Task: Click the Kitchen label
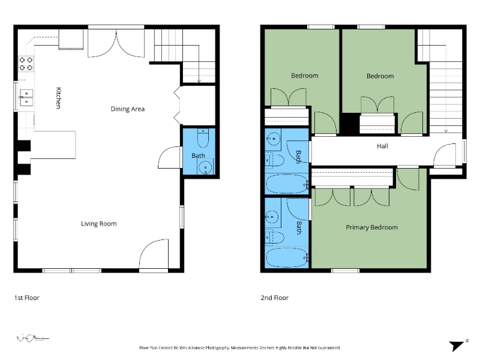pos(58,97)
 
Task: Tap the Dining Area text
pos(127,109)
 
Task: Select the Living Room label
pos(99,224)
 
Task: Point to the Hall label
pos(382,146)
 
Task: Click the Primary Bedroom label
pos(371,227)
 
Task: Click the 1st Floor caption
pos(26,298)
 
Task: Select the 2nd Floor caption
pos(275,298)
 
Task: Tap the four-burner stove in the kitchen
pos(26,64)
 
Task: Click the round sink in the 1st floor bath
pos(205,167)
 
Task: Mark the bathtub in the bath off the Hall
pos(286,184)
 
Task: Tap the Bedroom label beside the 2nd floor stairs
pos(380,76)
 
